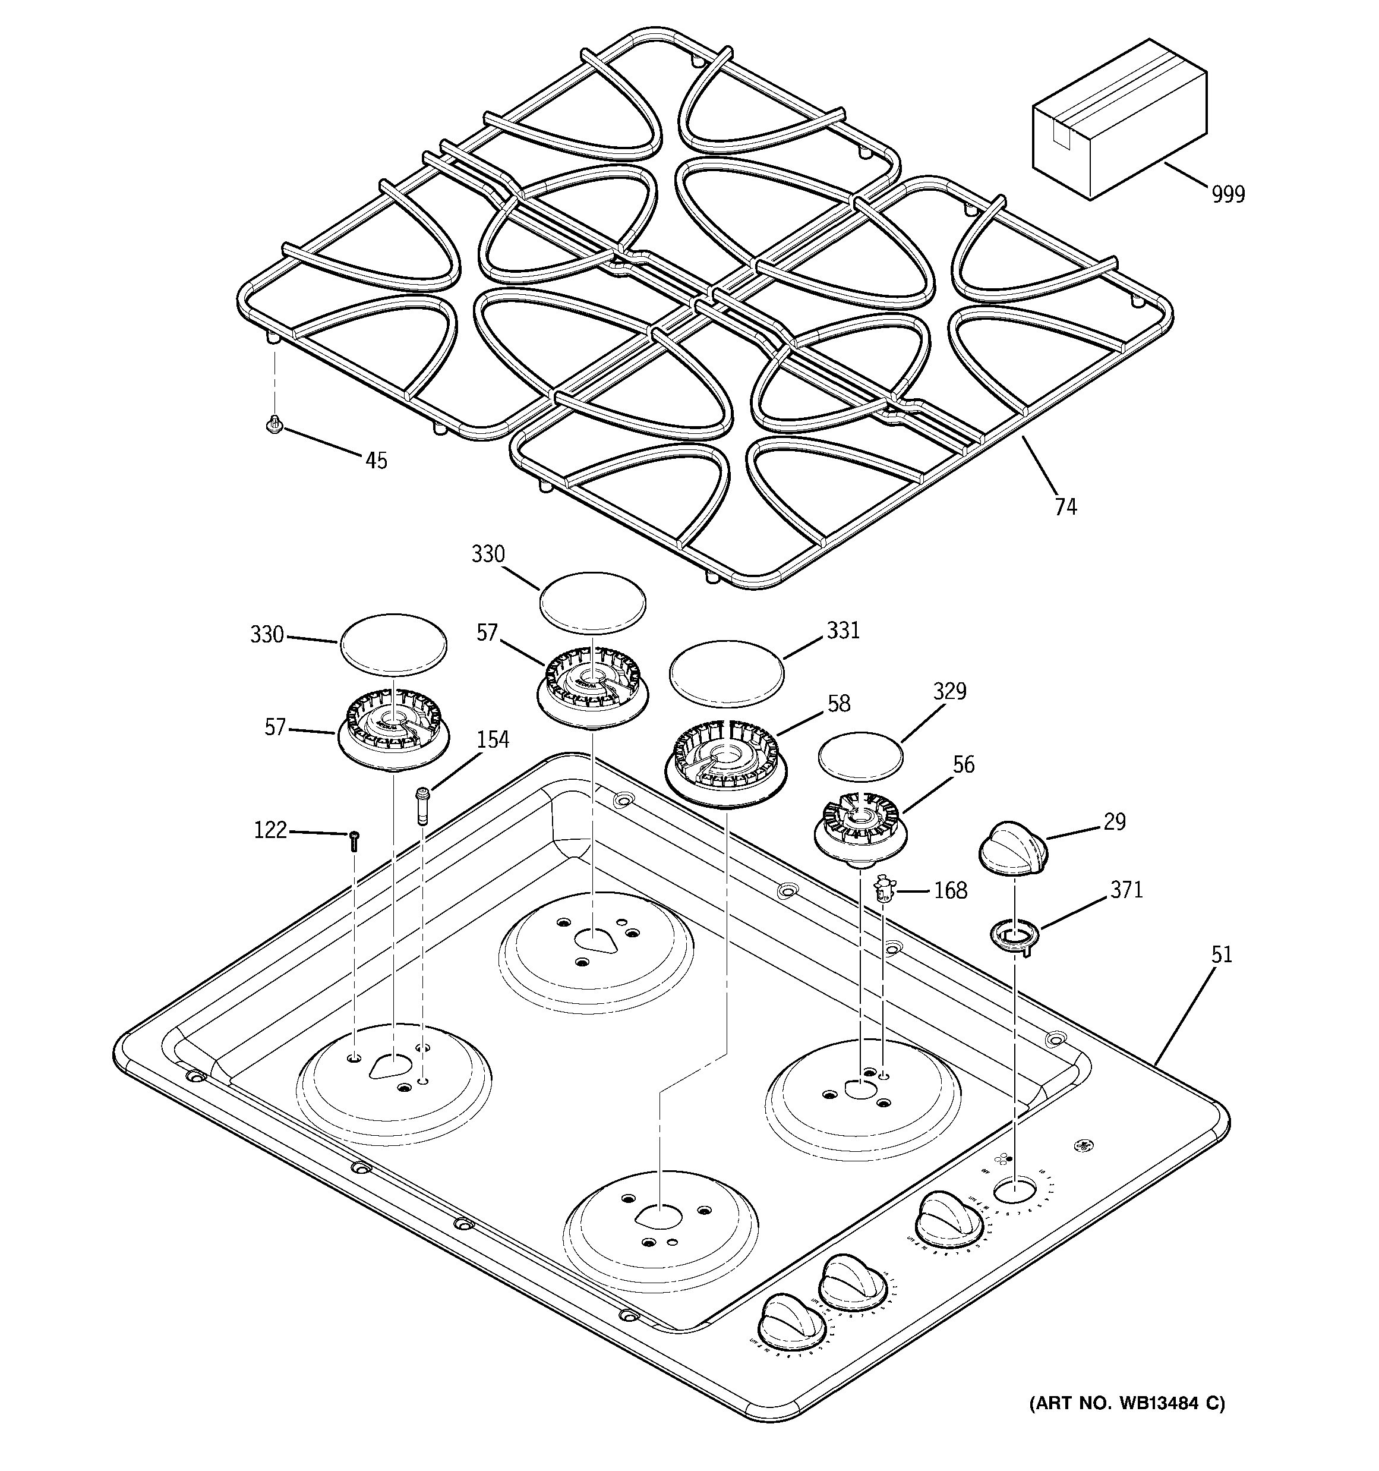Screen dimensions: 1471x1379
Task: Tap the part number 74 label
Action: (1065, 507)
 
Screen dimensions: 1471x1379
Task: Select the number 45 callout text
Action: (376, 461)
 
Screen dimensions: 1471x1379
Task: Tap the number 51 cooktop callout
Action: (1222, 955)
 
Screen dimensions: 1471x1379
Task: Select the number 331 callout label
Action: (842, 631)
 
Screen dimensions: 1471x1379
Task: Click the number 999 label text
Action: (1228, 194)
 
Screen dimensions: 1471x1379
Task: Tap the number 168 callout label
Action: (950, 891)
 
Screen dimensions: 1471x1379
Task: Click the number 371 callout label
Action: (1126, 890)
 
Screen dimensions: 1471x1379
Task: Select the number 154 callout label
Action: (492, 739)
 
